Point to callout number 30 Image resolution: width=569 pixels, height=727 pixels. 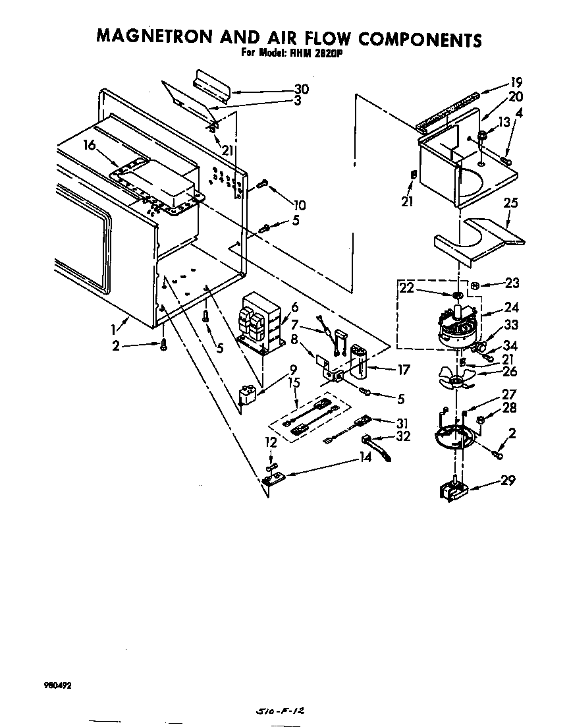tap(301, 89)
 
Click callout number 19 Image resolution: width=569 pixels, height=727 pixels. tap(516, 82)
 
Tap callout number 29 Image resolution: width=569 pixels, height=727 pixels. tap(508, 480)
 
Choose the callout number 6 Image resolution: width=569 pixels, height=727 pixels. tap(294, 307)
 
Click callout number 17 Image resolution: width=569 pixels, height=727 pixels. tap(404, 370)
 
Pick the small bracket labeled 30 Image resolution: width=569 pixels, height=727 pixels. tap(210, 84)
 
